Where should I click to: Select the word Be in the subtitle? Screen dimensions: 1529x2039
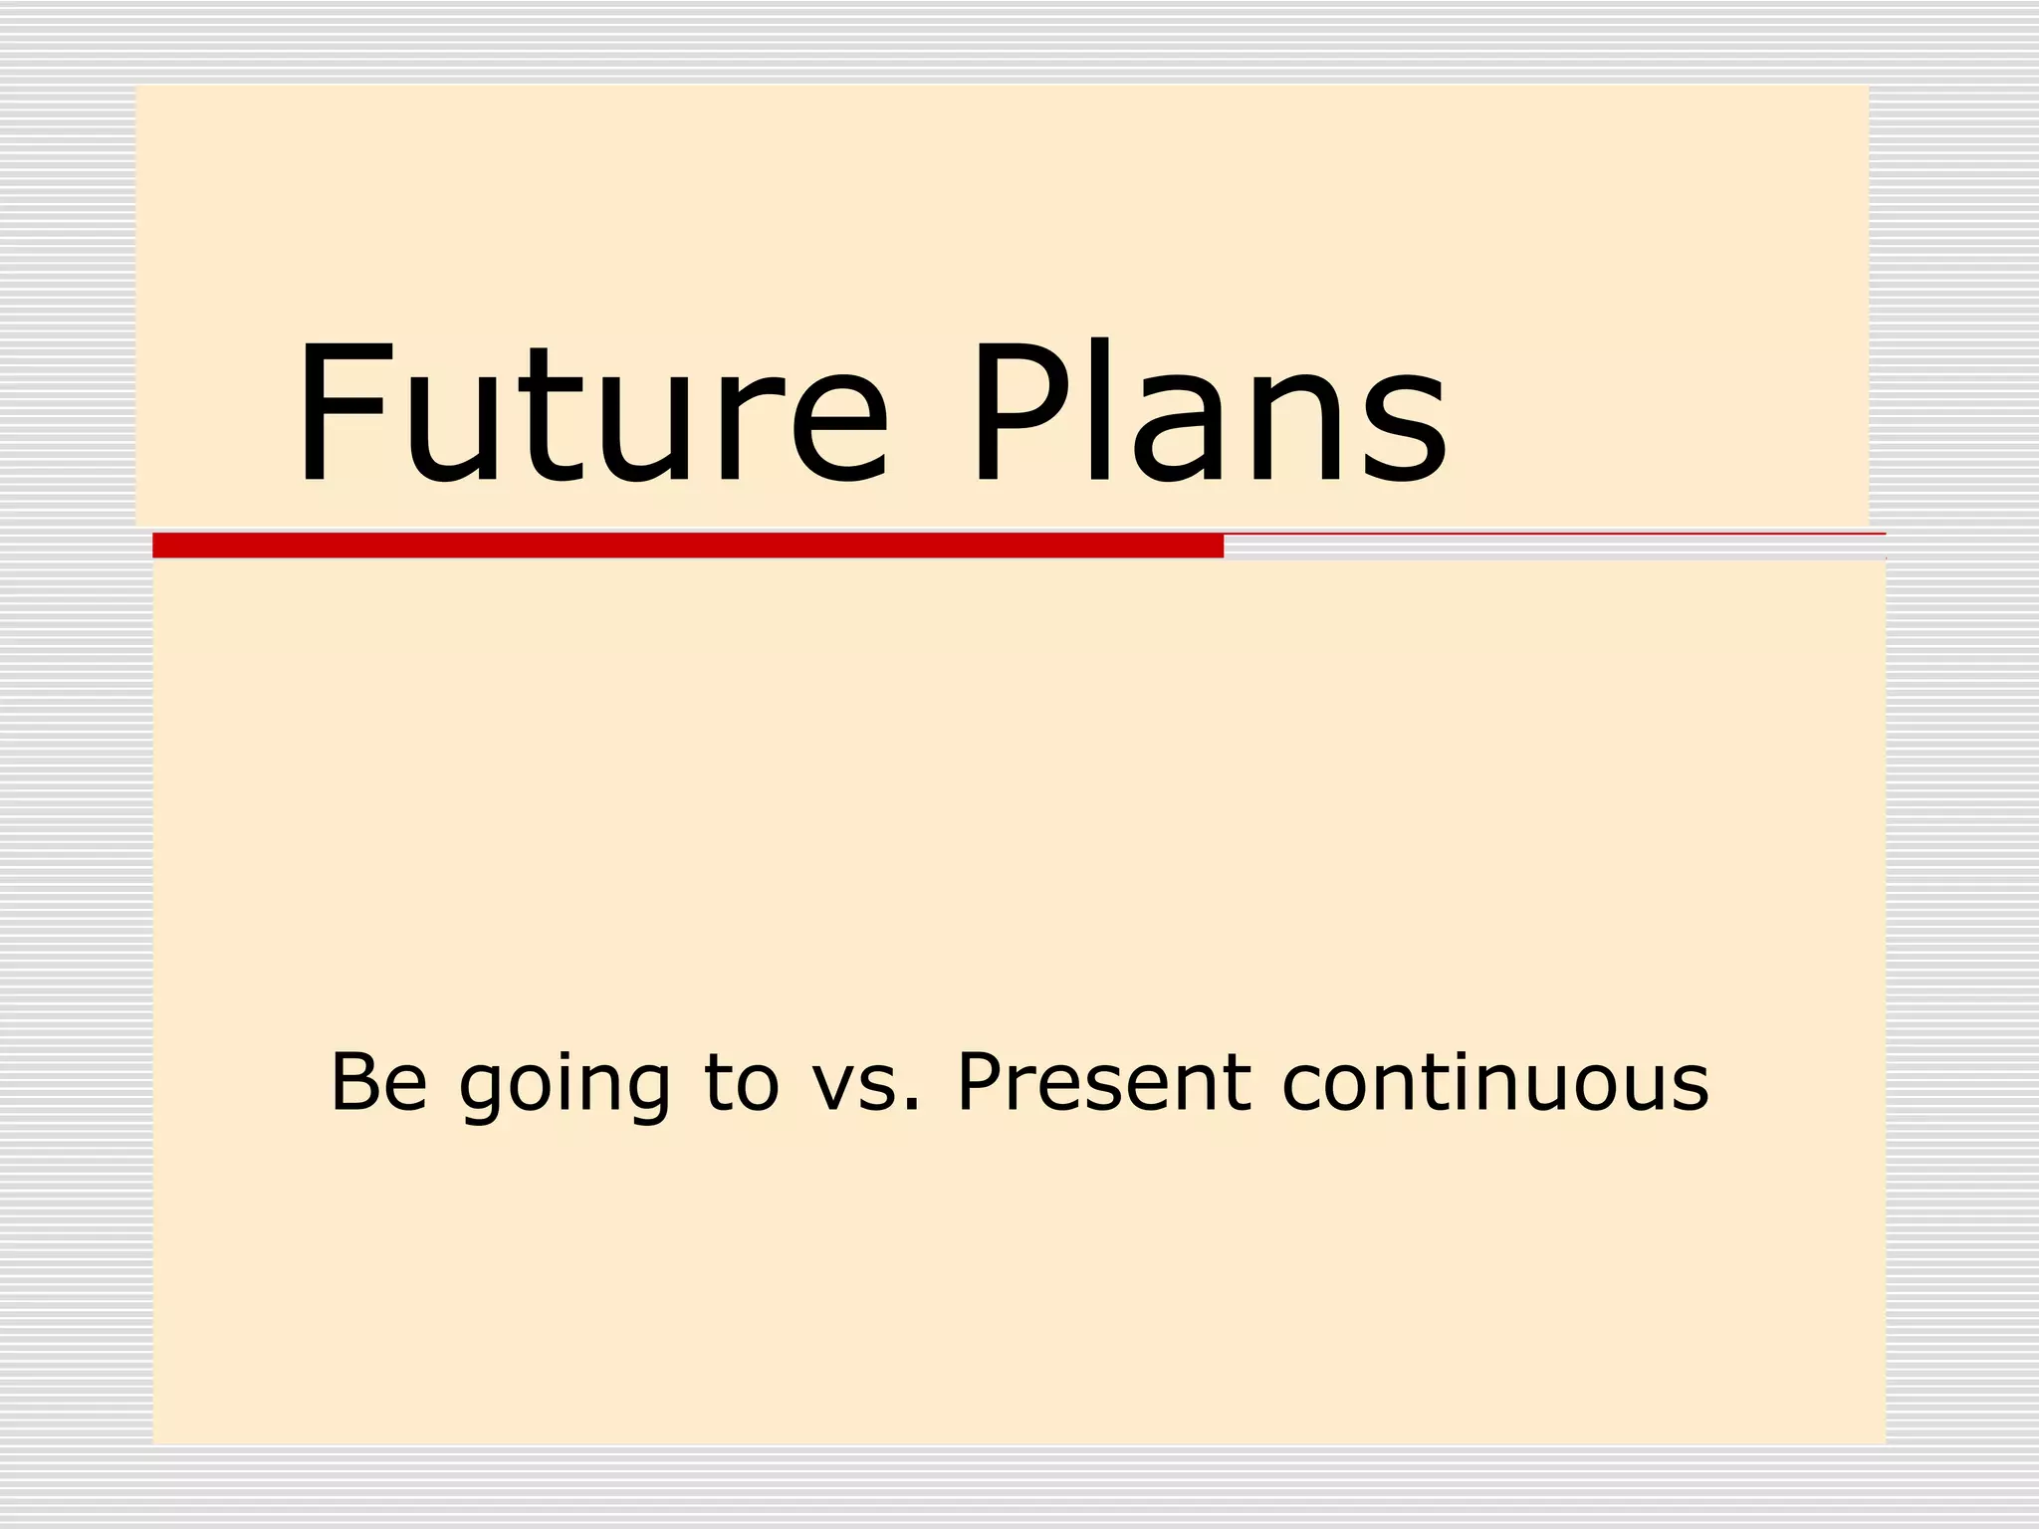pos(378,1082)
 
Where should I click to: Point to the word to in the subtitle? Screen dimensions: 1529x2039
pos(741,1083)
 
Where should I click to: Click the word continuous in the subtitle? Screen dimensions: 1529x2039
pos(1494,1083)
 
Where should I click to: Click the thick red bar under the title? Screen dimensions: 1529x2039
pos(687,546)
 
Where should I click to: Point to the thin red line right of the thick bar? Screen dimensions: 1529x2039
pos(1553,535)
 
